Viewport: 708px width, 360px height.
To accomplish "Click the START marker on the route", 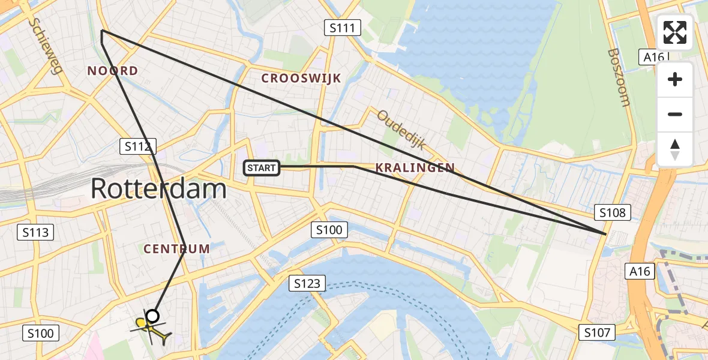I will click(x=262, y=168).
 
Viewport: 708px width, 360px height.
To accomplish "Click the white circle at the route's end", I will click(x=153, y=316).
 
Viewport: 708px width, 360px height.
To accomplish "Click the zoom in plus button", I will click(x=675, y=79).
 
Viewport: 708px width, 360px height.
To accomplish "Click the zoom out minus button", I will click(x=675, y=115).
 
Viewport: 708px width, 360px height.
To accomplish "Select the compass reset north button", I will click(x=675, y=149).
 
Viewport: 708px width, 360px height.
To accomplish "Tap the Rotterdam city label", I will click(x=159, y=189).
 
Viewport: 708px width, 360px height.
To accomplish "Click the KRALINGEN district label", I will click(x=415, y=168).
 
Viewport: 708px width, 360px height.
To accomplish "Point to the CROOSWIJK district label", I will click(x=301, y=78).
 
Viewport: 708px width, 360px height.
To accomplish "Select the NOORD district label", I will click(x=113, y=71).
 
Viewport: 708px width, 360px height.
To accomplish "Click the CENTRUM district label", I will click(x=177, y=248).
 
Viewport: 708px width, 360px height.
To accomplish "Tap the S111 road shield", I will click(x=343, y=27).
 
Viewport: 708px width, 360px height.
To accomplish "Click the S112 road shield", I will click(x=138, y=146).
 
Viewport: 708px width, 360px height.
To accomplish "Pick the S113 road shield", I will click(x=37, y=232).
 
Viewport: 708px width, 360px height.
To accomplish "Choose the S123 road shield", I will click(x=307, y=283).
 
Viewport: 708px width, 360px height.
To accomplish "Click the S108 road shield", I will click(x=612, y=212).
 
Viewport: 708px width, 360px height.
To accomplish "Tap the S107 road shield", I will click(x=598, y=332).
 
